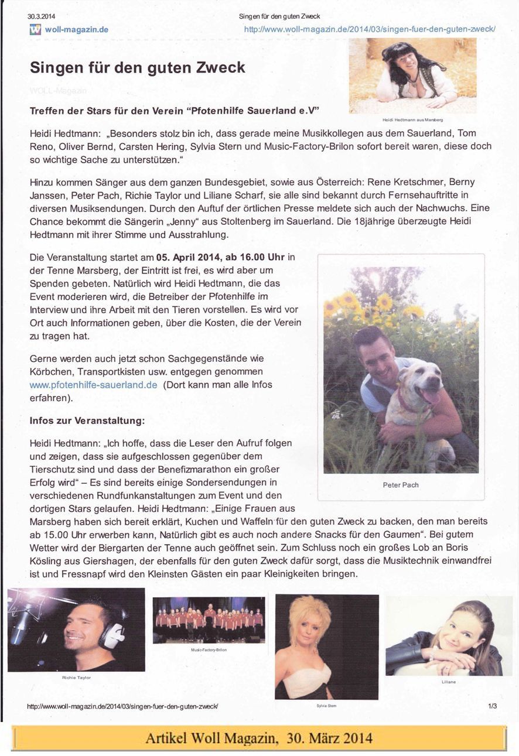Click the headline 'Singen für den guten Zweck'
click(137, 67)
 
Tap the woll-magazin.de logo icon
click(35, 30)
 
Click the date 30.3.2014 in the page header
click(41, 16)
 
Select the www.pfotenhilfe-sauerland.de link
click(93, 385)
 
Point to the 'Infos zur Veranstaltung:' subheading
click(87, 420)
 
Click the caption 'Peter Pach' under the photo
click(401, 485)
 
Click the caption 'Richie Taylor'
click(76, 677)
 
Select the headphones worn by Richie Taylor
click(115, 632)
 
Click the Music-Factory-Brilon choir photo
click(209, 620)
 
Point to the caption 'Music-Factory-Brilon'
click(209, 649)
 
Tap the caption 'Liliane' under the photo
click(448, 682)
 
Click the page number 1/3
click(492, 706)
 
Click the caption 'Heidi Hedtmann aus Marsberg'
click(412, 119)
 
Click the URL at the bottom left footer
click(123, 707)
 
